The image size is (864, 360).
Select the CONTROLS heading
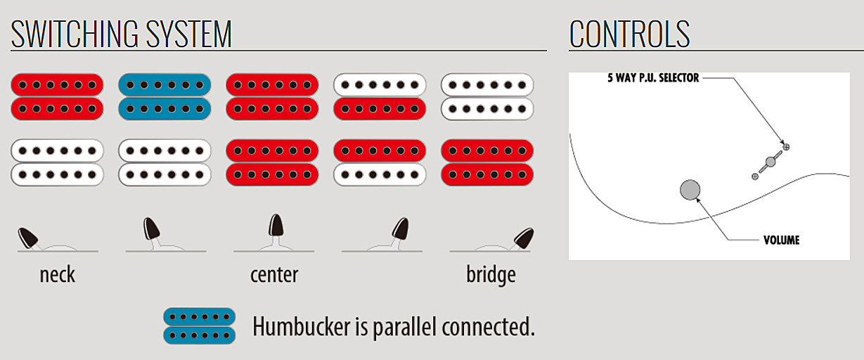[629, 33]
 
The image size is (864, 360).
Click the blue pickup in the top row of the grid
[165, 96]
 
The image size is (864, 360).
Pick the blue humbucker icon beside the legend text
[199, 326]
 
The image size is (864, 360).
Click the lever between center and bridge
[400, 229]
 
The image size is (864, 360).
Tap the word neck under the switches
[57, 274]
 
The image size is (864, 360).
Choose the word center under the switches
[274, 274]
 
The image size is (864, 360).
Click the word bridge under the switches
[491, 274]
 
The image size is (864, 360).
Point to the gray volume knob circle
[690, 189]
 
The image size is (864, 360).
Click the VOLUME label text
[781, 240]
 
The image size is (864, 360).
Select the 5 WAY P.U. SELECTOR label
[653, 78]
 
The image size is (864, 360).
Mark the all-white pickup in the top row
[487, 96]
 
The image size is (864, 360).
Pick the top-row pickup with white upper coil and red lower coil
[380, 96]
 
